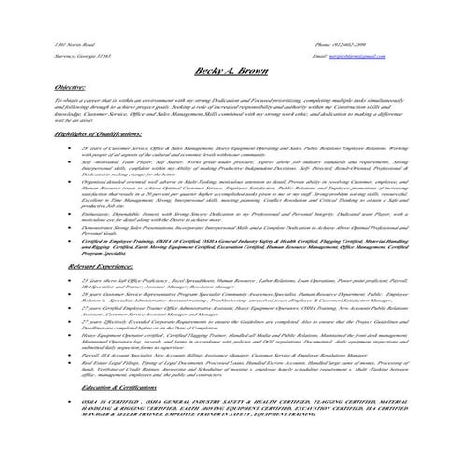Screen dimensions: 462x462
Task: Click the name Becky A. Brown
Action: pyautogui.click(x=230, y=71)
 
